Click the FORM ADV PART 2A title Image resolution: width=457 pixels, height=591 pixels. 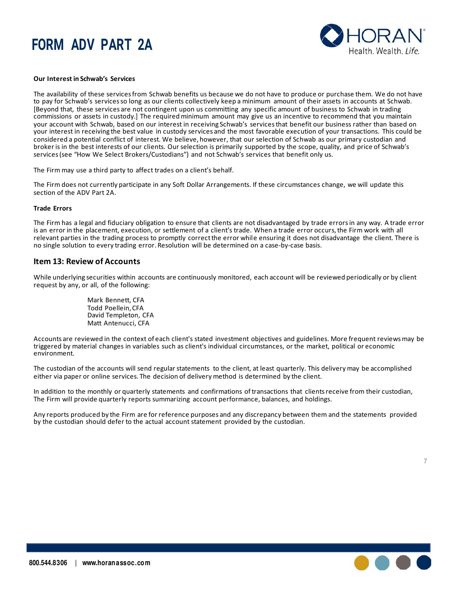click(x=92, y=45)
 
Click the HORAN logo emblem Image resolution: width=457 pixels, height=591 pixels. click(x=332, y=35)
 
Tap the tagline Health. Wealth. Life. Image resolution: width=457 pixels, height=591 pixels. click(x=384, y=51)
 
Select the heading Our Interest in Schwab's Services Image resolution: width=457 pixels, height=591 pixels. click(x=84, y=79)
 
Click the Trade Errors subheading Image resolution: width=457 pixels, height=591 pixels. click(x=52, y=208)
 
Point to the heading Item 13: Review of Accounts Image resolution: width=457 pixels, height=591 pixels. click(x=87, y=261)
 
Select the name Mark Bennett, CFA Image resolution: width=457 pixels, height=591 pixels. click(x=115, y=300)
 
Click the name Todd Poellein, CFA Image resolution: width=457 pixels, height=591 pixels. click(x=115, y=308)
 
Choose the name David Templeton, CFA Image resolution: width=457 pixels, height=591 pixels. click(x=120, y=315)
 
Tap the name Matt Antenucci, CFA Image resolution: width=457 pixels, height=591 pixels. click(x=118, y=323)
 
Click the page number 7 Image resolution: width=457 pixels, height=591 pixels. click(x=425, y=461)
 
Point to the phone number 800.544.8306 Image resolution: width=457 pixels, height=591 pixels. click(x=48, y=563)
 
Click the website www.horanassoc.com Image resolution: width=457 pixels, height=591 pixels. click(x=116, y=563)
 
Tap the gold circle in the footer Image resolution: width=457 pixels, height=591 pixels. click(x=362, y=563)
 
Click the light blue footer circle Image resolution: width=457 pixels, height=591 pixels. click(x=382, y=563)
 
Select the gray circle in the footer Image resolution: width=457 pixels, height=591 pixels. click(x=403, y=563)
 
